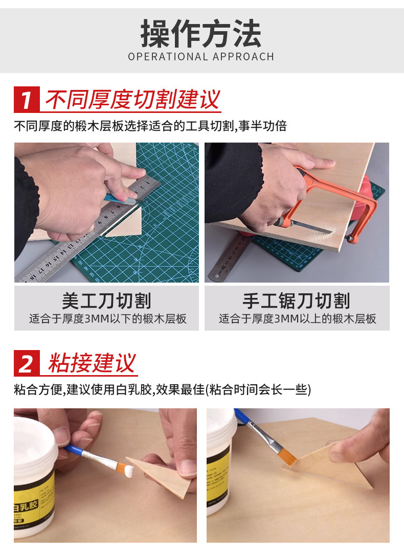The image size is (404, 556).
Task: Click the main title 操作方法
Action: click(x=201, y=34)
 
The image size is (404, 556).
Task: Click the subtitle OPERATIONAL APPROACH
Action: click(x=201, y=57)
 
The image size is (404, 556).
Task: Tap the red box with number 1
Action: click(x=27, y=99)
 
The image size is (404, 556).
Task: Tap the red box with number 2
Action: click(x=27, y=363)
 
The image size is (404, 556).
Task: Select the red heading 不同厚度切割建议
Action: click(x=133, y=99)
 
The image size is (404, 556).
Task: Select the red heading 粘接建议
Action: click(x=92, y=363)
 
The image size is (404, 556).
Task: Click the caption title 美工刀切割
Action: click(x=106, y=300)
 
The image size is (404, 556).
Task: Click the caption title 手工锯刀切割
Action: click(x=297, y=300)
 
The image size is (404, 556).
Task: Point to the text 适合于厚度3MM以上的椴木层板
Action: click(x=297, y=319)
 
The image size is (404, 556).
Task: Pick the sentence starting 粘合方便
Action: click(x=163, y=389)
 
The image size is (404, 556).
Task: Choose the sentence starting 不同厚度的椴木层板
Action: click(x=150, y=126)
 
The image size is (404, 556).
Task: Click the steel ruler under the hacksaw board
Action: click(x=227, y=257)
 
